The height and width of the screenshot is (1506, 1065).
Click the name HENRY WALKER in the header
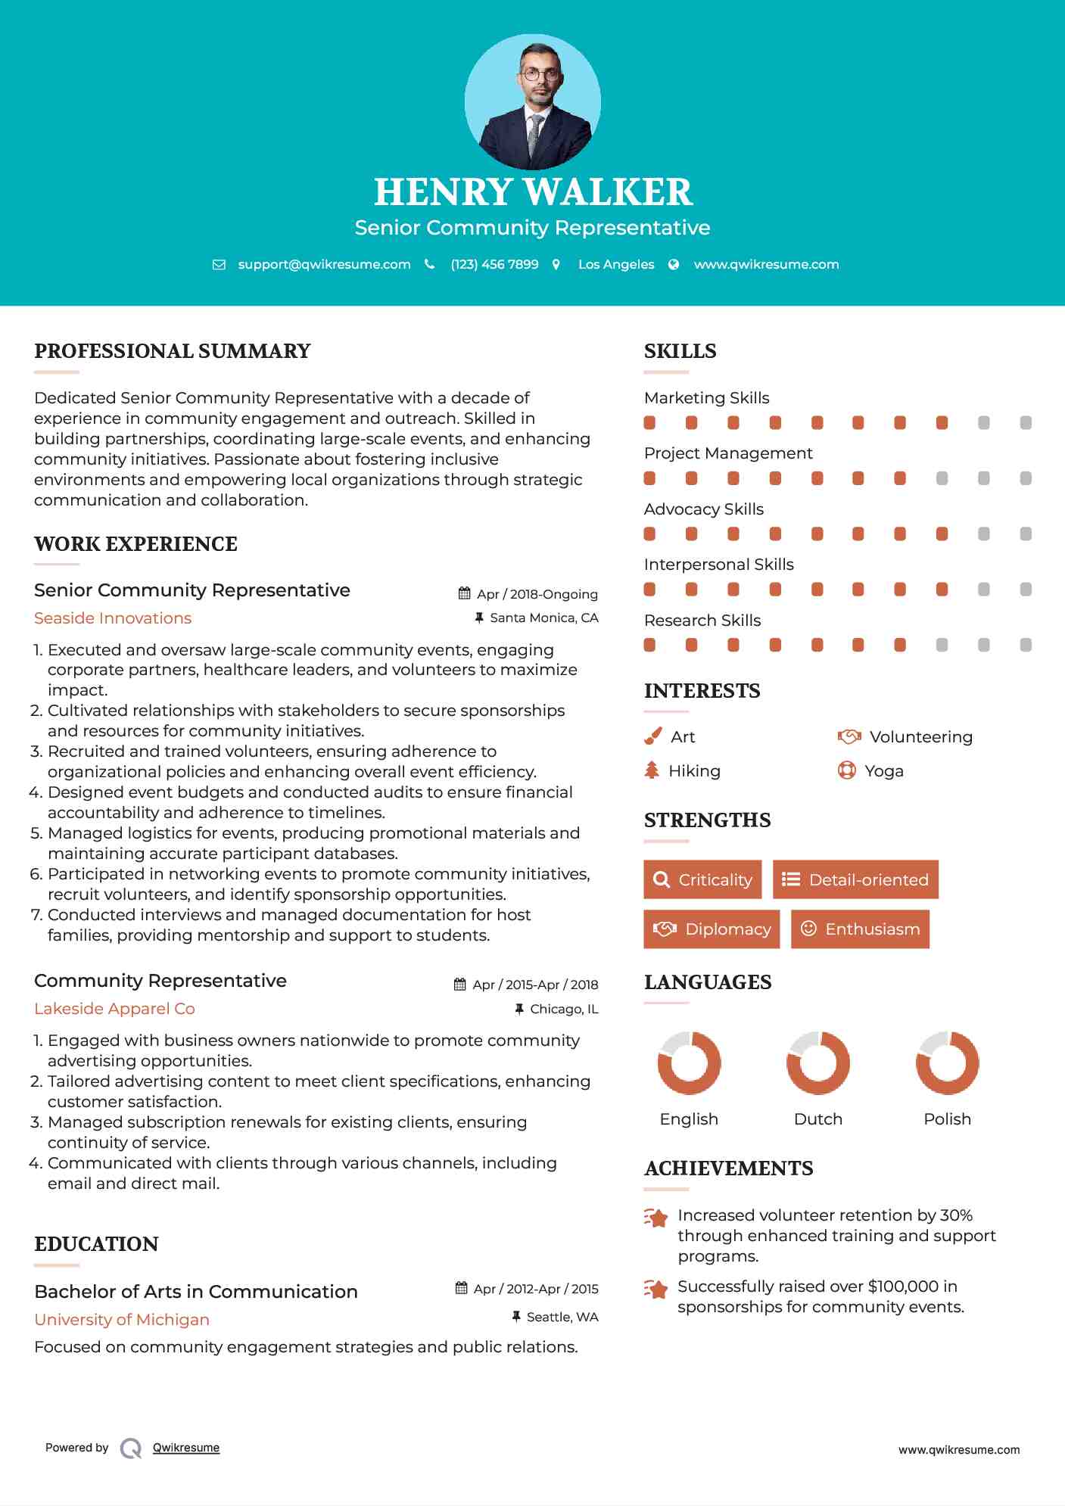(x=533, y=192)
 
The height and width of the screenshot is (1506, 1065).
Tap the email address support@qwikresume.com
(x=324, y=264)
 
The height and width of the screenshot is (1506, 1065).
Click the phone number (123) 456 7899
(x=494, y=264)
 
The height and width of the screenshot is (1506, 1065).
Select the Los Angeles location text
(x=615, y=264)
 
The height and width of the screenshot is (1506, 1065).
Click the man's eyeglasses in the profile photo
(x=540, y=74)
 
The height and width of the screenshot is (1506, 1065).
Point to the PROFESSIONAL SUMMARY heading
(x=173, y=351)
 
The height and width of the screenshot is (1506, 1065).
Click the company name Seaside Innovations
(x=113, y=618)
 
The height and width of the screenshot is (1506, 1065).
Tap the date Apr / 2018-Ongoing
(x=537, y=594)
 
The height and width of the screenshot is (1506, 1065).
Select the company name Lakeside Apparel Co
(x=114, y=1009)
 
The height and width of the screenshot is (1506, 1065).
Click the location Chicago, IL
(x=563, y=1009)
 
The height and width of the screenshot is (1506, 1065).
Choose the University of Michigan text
(x=122, y=1320)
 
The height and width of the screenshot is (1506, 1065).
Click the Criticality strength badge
(x=702, y=879)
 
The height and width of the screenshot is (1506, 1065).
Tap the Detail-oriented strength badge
(x=855, y=879)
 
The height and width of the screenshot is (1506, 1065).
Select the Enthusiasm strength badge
(x=860, y=929)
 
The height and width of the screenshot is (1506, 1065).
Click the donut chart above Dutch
(x=818, y=1063)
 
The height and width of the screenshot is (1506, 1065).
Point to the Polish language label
(x=947, y=1119)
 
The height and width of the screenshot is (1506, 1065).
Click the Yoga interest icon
(x=847, y=770)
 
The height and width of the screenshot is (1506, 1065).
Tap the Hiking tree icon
(x=652, y=770)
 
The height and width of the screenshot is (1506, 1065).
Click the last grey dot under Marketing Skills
(x=1026, y=423)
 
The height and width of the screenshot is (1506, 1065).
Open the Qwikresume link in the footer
(x=186, y=1448)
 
